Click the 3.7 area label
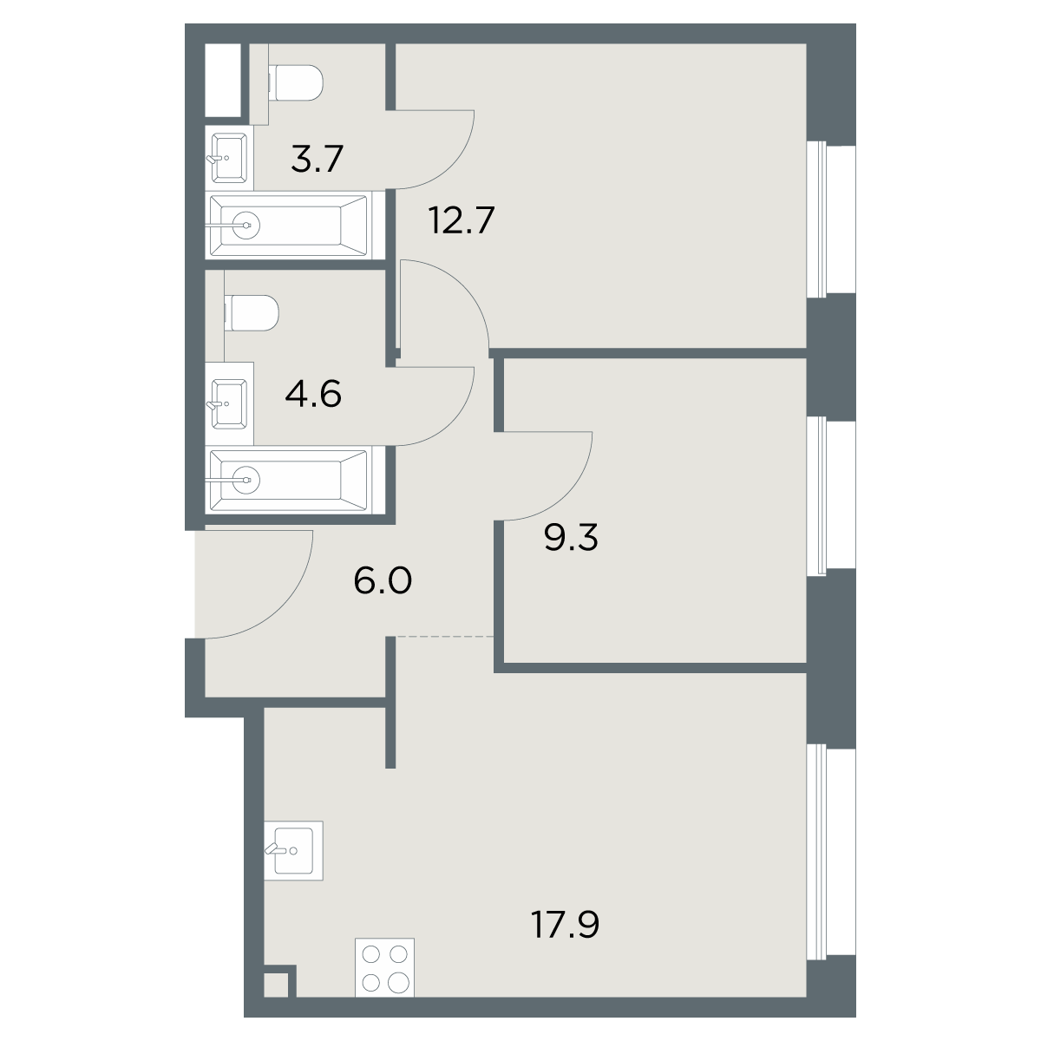click(318, 158)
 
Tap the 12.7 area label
click(462, 220)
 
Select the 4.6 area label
click(313, 395)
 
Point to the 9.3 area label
click(572, 538)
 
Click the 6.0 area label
click(383, 580)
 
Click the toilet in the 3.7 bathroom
click(295, 82)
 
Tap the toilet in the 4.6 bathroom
click(252, 313)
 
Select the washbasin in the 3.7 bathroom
click(227, 158)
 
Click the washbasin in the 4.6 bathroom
click(227, 403)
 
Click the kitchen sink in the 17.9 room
click(293, 850)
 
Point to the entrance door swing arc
click(281, 608)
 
